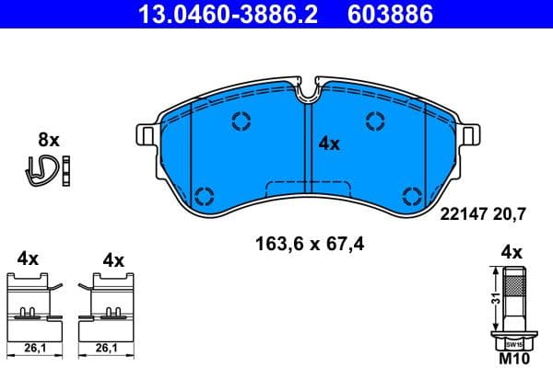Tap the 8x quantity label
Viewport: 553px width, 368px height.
click(48, 140)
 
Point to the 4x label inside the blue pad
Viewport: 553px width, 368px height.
click(329, 144)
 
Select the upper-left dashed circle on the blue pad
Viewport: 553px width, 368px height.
click(241, 121)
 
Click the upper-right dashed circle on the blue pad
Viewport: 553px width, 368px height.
click(375, 120)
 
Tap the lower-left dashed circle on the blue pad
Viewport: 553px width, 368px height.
click(204, 194)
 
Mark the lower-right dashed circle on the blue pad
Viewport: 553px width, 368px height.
click(412, 194)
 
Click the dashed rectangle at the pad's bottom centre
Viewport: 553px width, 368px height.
click(307, 189)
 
